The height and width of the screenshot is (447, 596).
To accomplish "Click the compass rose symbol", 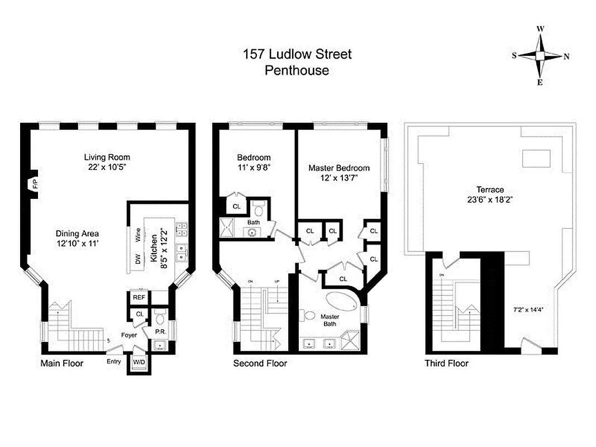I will [540, 56].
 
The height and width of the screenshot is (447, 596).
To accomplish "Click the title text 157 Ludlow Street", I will [297, 54].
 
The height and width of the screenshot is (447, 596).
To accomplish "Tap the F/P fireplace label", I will [34, 185].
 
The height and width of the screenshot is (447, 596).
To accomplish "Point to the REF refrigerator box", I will [137, 298].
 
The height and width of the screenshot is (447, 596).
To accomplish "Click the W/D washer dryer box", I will [138, 363].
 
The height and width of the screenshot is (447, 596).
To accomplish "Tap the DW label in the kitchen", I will [137, 259].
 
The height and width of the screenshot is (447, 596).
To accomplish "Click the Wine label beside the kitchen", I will [137, 235].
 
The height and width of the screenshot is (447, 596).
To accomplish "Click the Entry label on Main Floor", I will [113, 361].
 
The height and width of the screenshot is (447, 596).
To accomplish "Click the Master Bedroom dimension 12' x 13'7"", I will [338, 178].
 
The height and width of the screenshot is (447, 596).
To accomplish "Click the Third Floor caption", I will [446, 364].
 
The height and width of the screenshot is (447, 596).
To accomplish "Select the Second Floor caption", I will [260, 364].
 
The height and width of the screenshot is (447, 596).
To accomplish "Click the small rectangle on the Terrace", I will [536, 158].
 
